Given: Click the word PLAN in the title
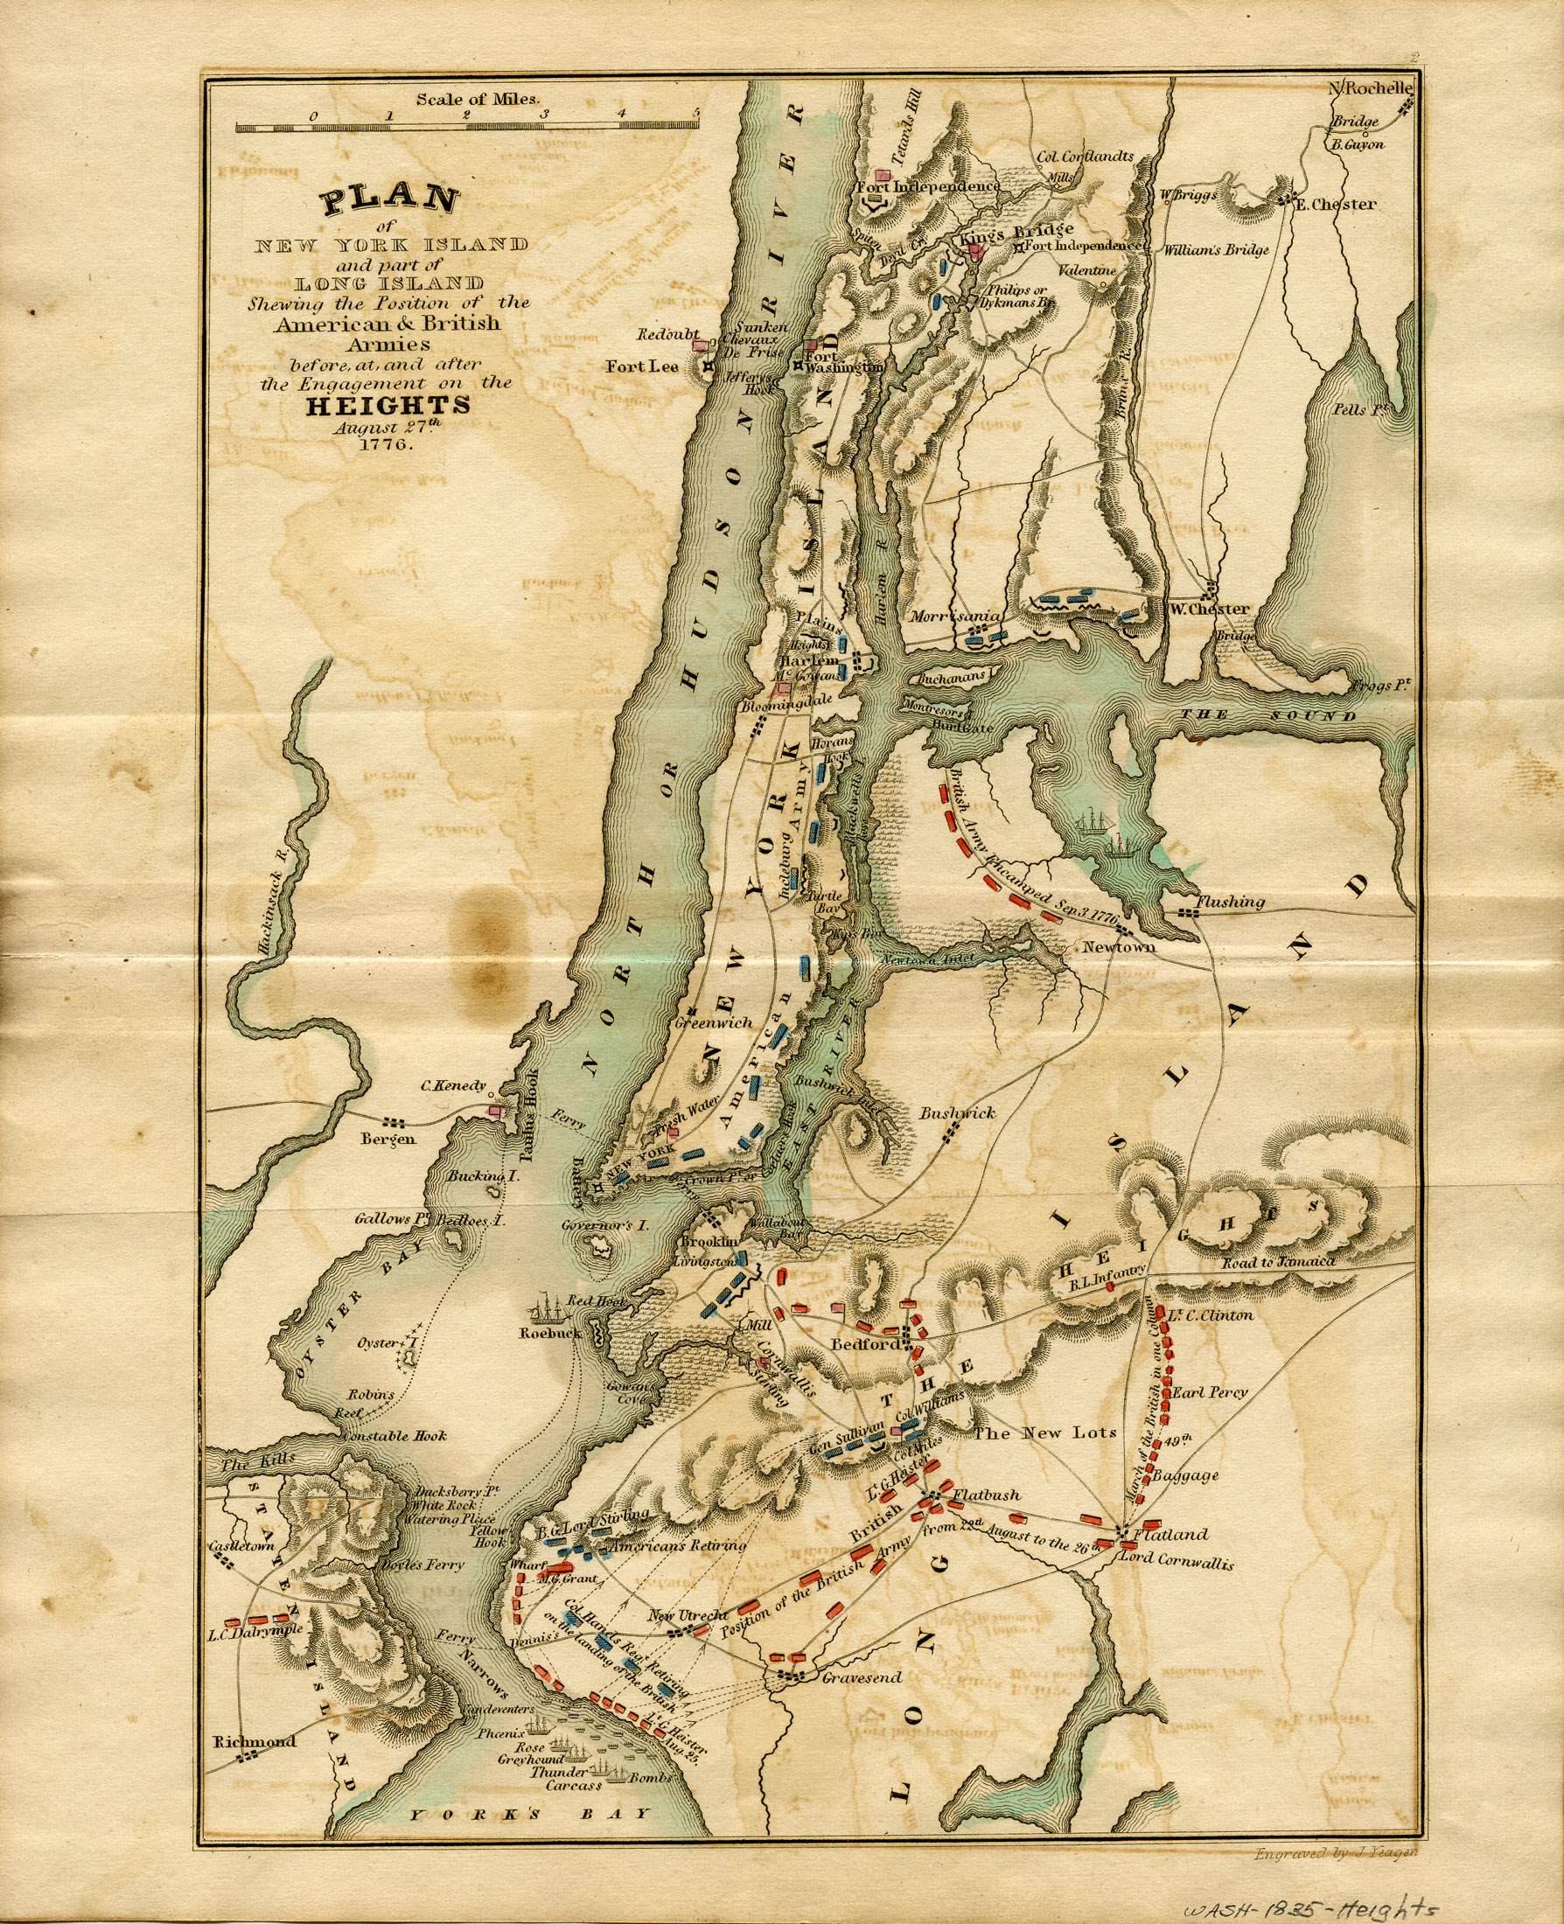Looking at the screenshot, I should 390,199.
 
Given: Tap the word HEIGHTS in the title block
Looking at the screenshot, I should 388,405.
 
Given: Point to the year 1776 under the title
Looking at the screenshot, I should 387,445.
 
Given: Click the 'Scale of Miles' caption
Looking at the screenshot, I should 476,99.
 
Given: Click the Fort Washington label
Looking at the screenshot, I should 841,362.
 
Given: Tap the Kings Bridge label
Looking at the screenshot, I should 1016,235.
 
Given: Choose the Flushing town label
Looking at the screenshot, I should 1230,902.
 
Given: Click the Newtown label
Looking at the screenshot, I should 1118,946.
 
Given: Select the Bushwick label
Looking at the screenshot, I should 957,1113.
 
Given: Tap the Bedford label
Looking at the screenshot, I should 864,1345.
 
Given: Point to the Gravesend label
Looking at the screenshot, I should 862,1677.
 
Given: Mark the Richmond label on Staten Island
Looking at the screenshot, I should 254,1741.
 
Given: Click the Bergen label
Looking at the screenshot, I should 388,1139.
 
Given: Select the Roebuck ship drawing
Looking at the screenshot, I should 549,1306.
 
